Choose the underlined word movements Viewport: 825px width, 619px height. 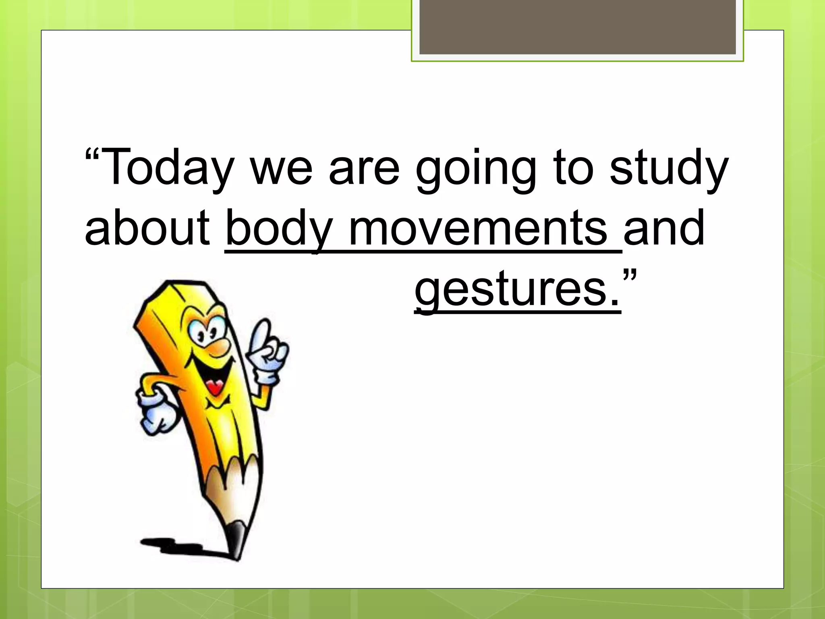[478, 228]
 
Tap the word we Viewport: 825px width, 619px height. [281, 171]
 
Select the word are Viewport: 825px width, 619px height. [364, 171]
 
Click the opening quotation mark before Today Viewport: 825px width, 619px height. [92, 155]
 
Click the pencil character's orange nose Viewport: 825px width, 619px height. [220, 347]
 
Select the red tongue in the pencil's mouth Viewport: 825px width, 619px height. [216, 387]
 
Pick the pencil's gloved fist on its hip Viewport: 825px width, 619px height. [157, 415]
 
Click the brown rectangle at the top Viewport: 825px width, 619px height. [577, 27]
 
